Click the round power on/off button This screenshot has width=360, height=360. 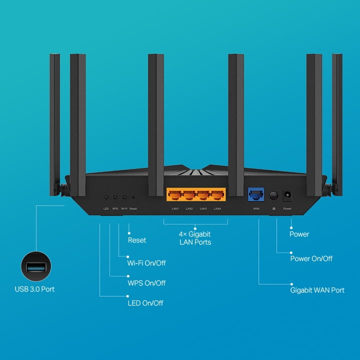[274, 195]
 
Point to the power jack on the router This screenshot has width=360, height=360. [287, 195]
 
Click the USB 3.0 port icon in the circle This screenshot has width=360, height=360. [35, 266]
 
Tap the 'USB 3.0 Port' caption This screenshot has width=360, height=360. [34, 289]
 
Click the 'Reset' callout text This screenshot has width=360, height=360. [137, 240]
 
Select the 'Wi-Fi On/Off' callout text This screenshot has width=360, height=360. [146, 263]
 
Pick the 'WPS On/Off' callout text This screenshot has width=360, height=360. [146, 283]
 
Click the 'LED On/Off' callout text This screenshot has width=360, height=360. [145, 303]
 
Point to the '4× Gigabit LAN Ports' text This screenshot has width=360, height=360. [195, 238]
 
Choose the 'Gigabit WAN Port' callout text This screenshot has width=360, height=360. [317, 290]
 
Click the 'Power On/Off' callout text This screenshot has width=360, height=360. [311, 258]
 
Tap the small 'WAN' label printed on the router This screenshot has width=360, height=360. [256, 208]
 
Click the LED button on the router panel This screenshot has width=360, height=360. [106, 197]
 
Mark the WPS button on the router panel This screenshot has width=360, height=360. [115, 197]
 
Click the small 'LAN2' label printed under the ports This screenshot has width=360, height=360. [189, 208]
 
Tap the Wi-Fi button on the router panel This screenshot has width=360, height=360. [124, 197]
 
